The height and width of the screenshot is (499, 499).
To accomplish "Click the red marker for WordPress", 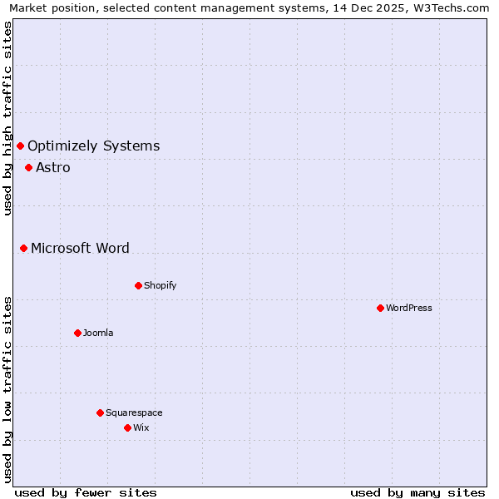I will click(x=380, y=308).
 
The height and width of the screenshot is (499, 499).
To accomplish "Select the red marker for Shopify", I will click(x=138, y=285).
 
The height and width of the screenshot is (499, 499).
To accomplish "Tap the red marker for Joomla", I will click(x=77, y=333).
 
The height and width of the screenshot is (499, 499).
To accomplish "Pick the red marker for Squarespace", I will click(x=100, y=413).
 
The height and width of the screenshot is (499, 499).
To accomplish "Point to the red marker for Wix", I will click(x=127, y=427).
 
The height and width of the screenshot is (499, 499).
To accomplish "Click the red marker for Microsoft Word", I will click(x=23, y=248).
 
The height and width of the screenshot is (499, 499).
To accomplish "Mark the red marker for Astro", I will click(x=28, y=167).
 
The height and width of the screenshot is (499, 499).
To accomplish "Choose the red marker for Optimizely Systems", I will click(x=20, y=146).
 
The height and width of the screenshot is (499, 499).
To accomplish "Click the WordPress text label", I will click(x=409, y=308).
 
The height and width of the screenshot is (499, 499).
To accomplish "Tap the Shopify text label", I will click(x=161, y=285).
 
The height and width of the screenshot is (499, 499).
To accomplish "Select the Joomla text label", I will click(x=98, y=333).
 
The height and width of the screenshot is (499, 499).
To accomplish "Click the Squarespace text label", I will click(x=134, y=413).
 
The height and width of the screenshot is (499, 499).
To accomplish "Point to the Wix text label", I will click(x=141, y=427).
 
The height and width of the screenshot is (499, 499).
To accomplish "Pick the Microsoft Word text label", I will click(x=80, y=248).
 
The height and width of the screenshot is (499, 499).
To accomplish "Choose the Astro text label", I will click(x=53, y=167).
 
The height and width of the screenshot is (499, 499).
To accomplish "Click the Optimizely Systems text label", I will click(x=93, y=146).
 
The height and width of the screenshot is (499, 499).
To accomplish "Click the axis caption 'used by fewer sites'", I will click(x=86, y=492).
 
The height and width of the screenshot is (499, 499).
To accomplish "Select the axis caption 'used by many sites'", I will click(x=417, y=492).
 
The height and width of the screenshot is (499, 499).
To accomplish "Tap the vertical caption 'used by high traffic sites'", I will click(x=7, y=118).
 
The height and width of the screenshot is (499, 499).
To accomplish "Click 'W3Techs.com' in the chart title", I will click(x=452, y=7).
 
